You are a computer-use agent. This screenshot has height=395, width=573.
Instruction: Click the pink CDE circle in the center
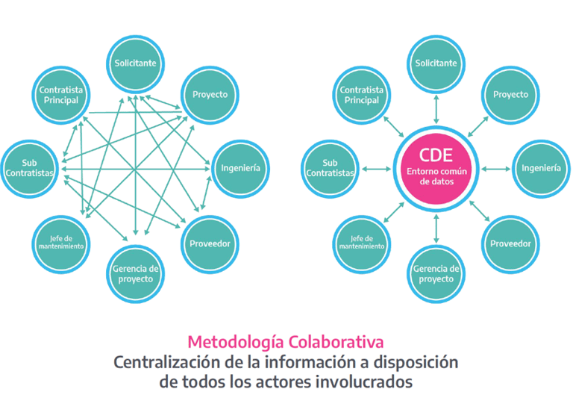[435, 169]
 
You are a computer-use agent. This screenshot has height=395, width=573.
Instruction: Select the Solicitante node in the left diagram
[135, 63]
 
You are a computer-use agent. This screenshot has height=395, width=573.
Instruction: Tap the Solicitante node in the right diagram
[436, 63]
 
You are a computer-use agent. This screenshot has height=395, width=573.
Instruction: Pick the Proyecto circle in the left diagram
[210, 94]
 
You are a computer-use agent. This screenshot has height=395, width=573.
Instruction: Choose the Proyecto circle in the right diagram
[510, 94]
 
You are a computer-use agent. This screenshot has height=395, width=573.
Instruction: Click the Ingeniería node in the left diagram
[240, 168]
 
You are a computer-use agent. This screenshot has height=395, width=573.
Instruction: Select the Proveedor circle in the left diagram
[210, 243]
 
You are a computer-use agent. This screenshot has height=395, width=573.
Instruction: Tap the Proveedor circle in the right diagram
[510, 243]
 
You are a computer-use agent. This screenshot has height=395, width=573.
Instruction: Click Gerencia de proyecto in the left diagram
[135, 273]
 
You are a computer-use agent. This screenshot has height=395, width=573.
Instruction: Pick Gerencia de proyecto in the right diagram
[436, 273]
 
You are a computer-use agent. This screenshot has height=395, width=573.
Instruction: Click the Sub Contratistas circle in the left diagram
[30, 168]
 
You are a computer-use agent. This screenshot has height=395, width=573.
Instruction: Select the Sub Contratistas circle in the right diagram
[331, 168]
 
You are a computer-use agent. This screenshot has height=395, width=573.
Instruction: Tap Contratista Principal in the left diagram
[60, 94]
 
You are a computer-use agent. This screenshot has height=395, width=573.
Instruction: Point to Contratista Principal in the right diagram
[361, 94]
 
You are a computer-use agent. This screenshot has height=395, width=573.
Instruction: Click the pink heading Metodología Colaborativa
[286, 342]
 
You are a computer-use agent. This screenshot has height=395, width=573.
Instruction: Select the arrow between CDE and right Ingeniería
[494, 169]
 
